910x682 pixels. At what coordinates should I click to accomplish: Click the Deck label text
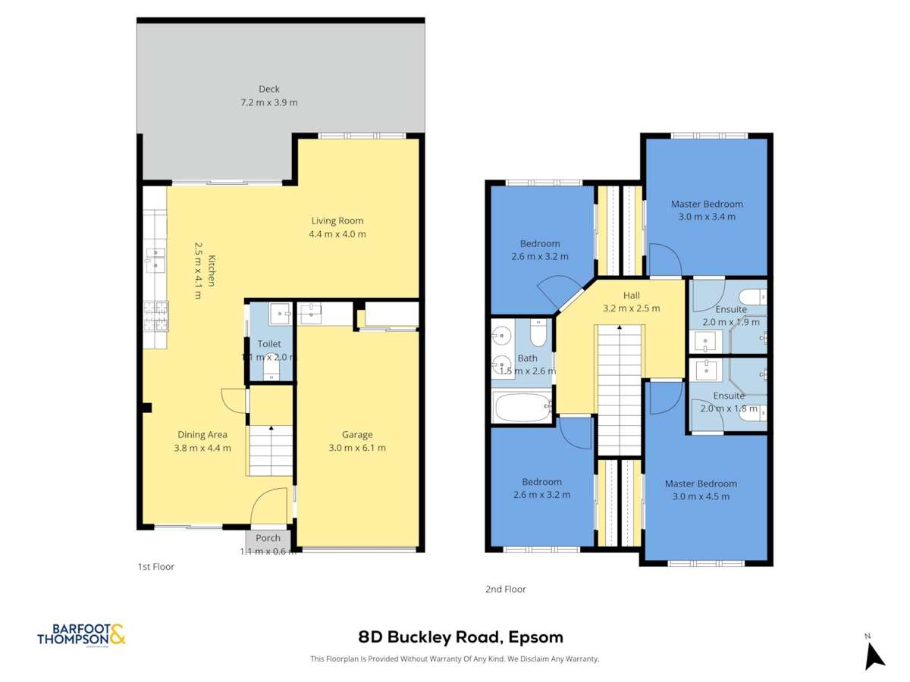coord(268,89)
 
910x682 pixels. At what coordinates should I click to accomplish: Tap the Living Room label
coord(337,221)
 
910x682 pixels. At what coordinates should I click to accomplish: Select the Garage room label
coord(356,434)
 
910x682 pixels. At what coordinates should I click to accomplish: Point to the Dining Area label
coord(202,434)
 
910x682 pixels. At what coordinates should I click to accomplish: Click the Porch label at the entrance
coord(268,538)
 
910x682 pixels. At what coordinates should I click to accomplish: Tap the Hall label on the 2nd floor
coord(632,296)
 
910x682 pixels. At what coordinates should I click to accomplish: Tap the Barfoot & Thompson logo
coord(81,635)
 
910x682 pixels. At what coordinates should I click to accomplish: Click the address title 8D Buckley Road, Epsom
coord(460,637)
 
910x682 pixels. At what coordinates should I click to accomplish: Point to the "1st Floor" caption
coord(155,566)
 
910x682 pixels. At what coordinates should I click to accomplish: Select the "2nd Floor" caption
coord(505,589)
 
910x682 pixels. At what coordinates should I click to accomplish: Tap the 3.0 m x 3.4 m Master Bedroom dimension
coord(706,217)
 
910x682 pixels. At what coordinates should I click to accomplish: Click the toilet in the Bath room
coord(538,333)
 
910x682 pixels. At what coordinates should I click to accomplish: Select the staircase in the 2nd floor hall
coord(620,386)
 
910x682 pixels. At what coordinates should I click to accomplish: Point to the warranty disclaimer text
coord(455,659)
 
